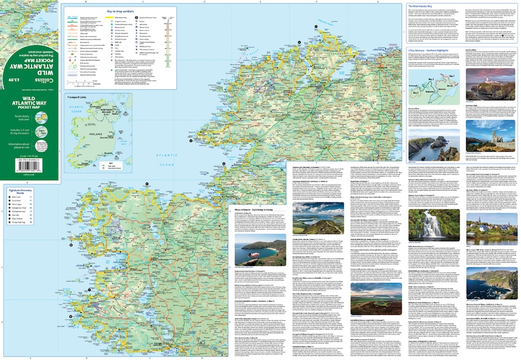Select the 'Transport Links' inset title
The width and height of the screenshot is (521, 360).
click(78, 98)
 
